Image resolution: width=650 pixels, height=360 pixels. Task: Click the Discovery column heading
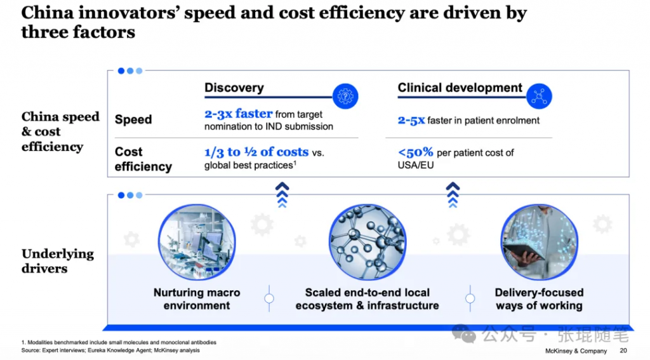pyautogui.click(x=234, y=88)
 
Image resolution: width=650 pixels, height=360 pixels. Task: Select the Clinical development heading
pyautogui.click(x=460, y=88)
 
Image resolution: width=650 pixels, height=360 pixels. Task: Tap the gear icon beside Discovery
pyautogui.click(x=345, y=96)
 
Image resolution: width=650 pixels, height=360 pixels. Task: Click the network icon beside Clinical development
pyautogui.click(x=539, y=96)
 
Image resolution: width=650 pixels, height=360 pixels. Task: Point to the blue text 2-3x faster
pyautogui.click(x=238, y=114)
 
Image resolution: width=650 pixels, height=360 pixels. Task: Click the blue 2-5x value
pyautogui.click(x=411, y=120)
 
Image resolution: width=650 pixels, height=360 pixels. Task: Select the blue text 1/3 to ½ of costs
pyautogui.click(x=256, y=152)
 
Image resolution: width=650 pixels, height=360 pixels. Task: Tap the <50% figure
pyautogui.click(x=416, y=152)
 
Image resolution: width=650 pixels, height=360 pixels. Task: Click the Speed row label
pyautogui.click(x=133, y=119)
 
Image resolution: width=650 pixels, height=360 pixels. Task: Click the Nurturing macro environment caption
pyautogui.click(x=197, y=299)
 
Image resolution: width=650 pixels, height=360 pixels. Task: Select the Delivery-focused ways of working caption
pyautogui.click(x=539, y=299)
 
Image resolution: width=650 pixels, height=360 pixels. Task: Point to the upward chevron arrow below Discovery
pyautogui.click(x=282, y=194)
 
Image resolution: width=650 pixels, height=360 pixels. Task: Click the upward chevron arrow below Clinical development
pyautogui.click(x=453, y=194)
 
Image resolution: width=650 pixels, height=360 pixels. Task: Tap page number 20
pyautogui.click(x=623, y=350)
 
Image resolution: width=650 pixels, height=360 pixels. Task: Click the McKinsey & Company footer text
pyautogui.click(x=576, y=350)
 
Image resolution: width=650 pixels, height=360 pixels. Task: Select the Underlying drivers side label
pyautogui.click(x=57, y=261)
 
